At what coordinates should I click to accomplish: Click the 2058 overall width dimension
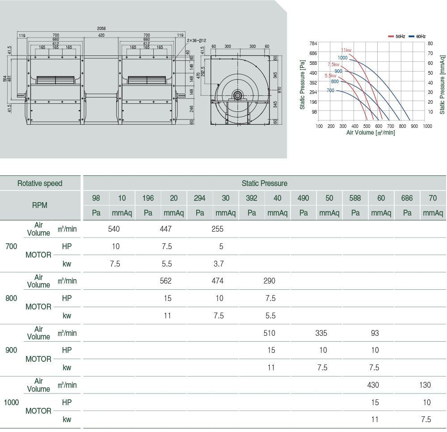tap(101, 28)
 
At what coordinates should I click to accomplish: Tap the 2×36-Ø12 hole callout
tap(196, 41)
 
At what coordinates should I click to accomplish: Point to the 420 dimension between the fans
tap(101, 35)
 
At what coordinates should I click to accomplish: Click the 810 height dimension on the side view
tap(280, 90)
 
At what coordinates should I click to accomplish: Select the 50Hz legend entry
tap(396, 36)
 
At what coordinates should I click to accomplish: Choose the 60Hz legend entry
tap(417, 36)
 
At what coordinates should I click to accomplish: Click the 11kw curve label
tap(346, 50)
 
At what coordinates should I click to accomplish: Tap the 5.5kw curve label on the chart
tap(331, 76)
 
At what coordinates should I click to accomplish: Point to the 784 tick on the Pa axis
tap(313, 43)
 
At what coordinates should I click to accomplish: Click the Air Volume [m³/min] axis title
tap(371, 132)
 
